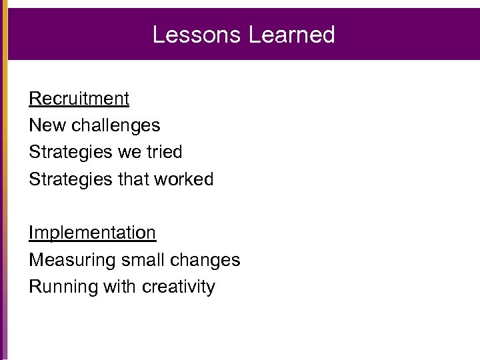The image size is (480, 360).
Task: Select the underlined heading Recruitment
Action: tap(79, 99)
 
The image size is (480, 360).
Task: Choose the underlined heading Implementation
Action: tap(92, 233)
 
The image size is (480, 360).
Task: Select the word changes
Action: tap(207, 260)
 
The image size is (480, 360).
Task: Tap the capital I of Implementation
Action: tap(31, 233)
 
